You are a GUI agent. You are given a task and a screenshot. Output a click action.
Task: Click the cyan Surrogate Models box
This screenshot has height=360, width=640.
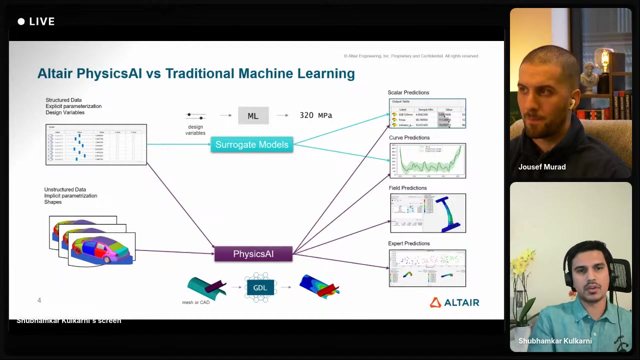tap(251, 144)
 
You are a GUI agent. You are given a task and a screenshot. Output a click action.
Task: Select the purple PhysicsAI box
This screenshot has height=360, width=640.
tap(253, 254)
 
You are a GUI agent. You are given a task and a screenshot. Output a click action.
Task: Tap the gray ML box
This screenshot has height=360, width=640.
tap(253, 116)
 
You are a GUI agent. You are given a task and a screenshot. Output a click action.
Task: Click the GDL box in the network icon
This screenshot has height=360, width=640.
tap(260, 287)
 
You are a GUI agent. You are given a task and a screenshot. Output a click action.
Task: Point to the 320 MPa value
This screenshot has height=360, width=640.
tap(315, 115)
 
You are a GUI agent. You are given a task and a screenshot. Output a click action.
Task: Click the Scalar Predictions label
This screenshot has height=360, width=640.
tap(408, 92)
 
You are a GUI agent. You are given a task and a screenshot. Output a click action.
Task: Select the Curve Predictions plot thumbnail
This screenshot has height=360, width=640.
tap(427, 160)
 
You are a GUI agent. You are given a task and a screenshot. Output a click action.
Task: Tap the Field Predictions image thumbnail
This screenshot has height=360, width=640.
tap(427, 213)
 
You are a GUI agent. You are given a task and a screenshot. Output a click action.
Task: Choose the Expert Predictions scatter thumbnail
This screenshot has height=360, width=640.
tap(427, 268)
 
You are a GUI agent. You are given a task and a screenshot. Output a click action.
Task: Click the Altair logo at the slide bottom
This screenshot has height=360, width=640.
tap(454, 302)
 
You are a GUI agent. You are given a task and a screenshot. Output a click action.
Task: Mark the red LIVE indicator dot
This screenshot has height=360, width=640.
tap(21, 21)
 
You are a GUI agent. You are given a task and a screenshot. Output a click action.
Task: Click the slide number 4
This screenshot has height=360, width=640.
tap(39, 300)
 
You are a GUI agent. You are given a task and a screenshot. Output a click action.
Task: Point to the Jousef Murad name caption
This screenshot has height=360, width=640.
tap(542, 167)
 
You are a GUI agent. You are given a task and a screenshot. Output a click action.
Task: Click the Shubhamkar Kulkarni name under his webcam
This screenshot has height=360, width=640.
tap(555, 341)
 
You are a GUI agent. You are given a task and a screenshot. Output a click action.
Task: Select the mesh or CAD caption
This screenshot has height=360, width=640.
tap(195, 302)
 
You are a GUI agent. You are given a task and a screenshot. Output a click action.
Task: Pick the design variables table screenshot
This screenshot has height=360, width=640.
tap(96, 144)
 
